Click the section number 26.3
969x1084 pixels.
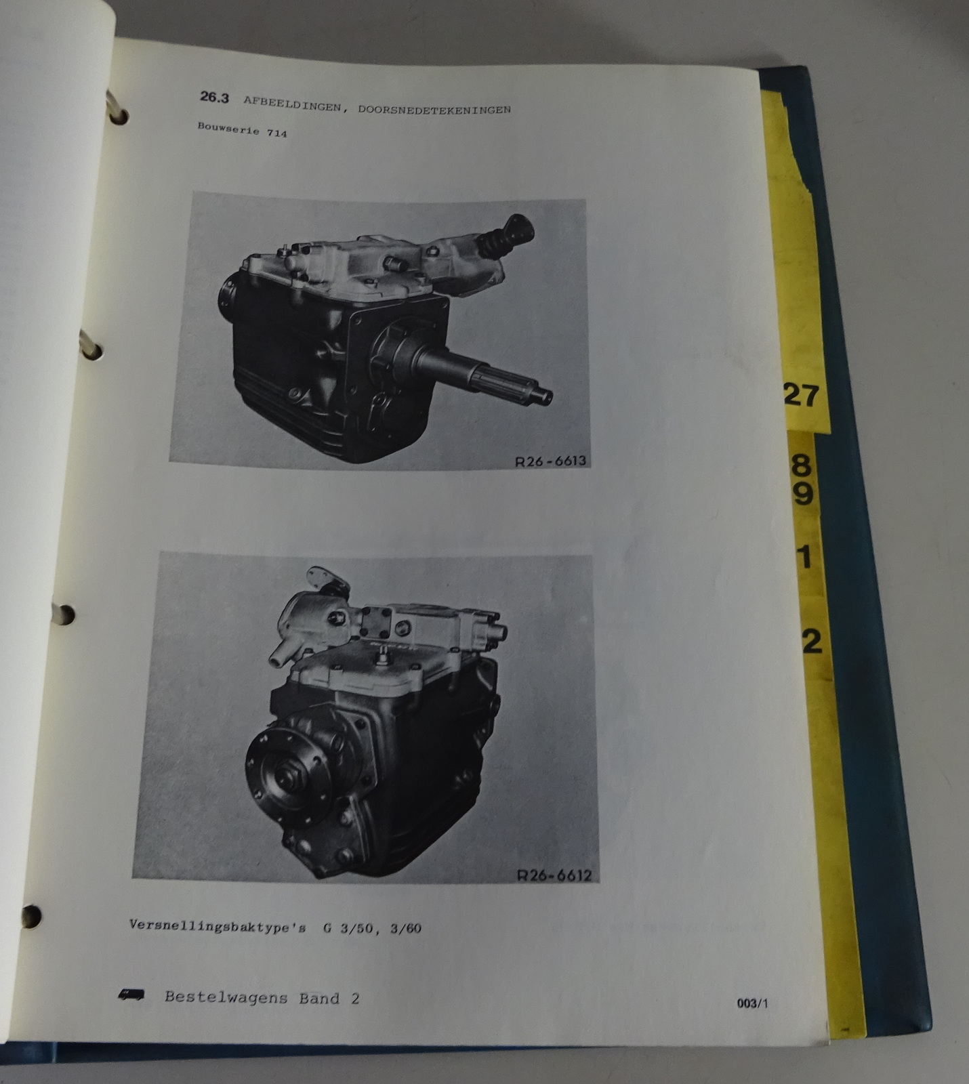pyautogui.click(x=214, y=98)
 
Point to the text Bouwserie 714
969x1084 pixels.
pyautogui.click(x=242, y=129)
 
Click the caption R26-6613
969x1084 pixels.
pyautogui.click(x=550, y=461)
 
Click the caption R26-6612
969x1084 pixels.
pyautogui.click(x=554, y=875)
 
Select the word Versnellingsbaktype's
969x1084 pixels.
pyautogui.click(x=218, y=926)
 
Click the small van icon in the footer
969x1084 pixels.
pyautogui.click(x=130, y=995)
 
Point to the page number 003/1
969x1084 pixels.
pyautogui.click(x=752, y=1004)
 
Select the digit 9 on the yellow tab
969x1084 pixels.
pyautogui.click(x=802, y=495)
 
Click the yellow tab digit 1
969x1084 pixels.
pyautogui.click(x=804, y=557)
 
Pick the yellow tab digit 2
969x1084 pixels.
pyautogui.click(x=811, y=640)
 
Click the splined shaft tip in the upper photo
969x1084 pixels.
pyautogui.click(x=543, y=396)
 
